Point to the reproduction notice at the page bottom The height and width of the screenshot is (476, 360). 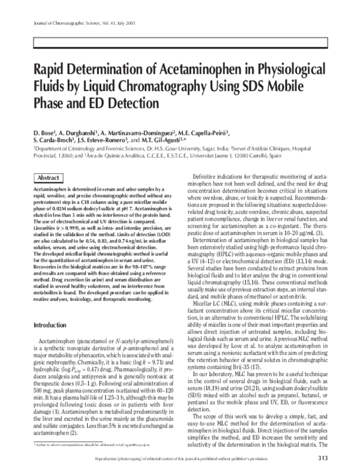point(198,459)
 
